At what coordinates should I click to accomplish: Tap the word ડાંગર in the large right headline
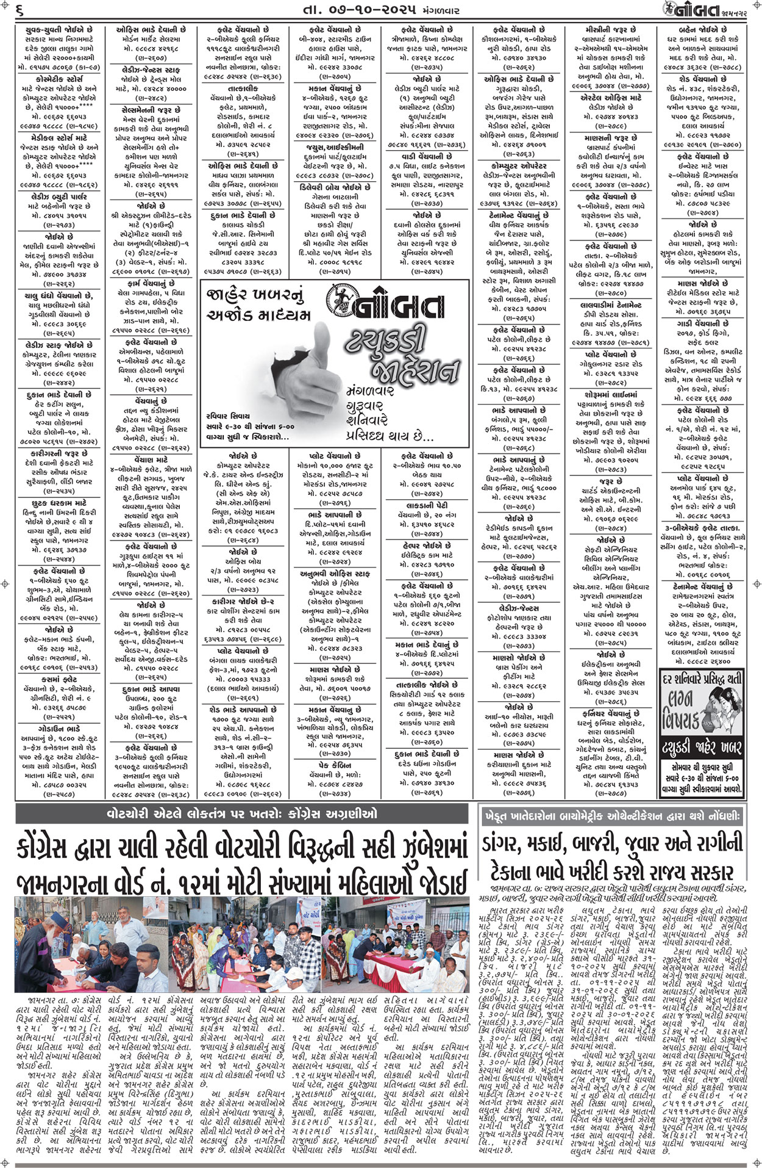coord(507,844)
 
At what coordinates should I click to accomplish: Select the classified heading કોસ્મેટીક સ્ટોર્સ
coord(57,79)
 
